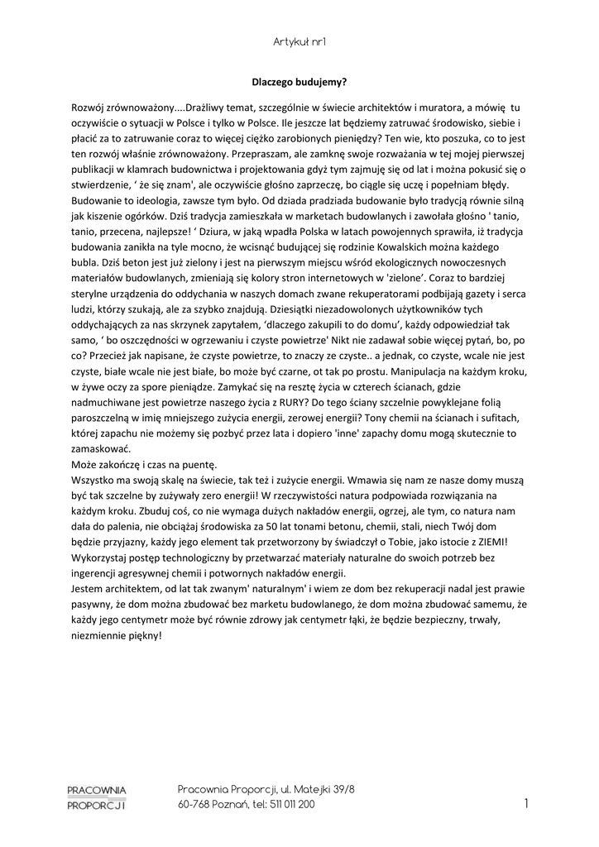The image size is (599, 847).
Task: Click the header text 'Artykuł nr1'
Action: point(299,41)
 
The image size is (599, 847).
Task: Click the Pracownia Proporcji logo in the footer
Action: point(97,797)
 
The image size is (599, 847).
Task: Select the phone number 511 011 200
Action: point(293,805)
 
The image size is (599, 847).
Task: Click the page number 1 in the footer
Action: point(526,803)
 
